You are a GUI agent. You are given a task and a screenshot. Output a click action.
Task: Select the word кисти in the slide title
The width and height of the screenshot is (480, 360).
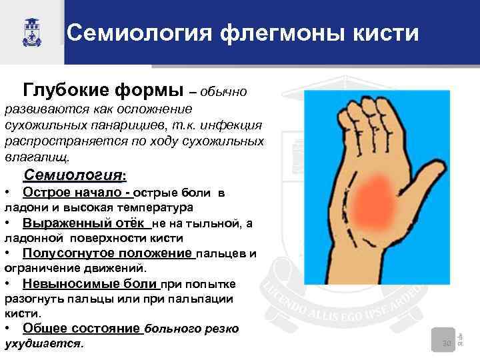(x=379, y=32)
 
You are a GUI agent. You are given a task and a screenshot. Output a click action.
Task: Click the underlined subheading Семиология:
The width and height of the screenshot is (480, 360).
(x=74, y=176)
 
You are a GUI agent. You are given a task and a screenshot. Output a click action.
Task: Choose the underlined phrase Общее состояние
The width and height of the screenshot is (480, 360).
(x=81, y=329)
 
